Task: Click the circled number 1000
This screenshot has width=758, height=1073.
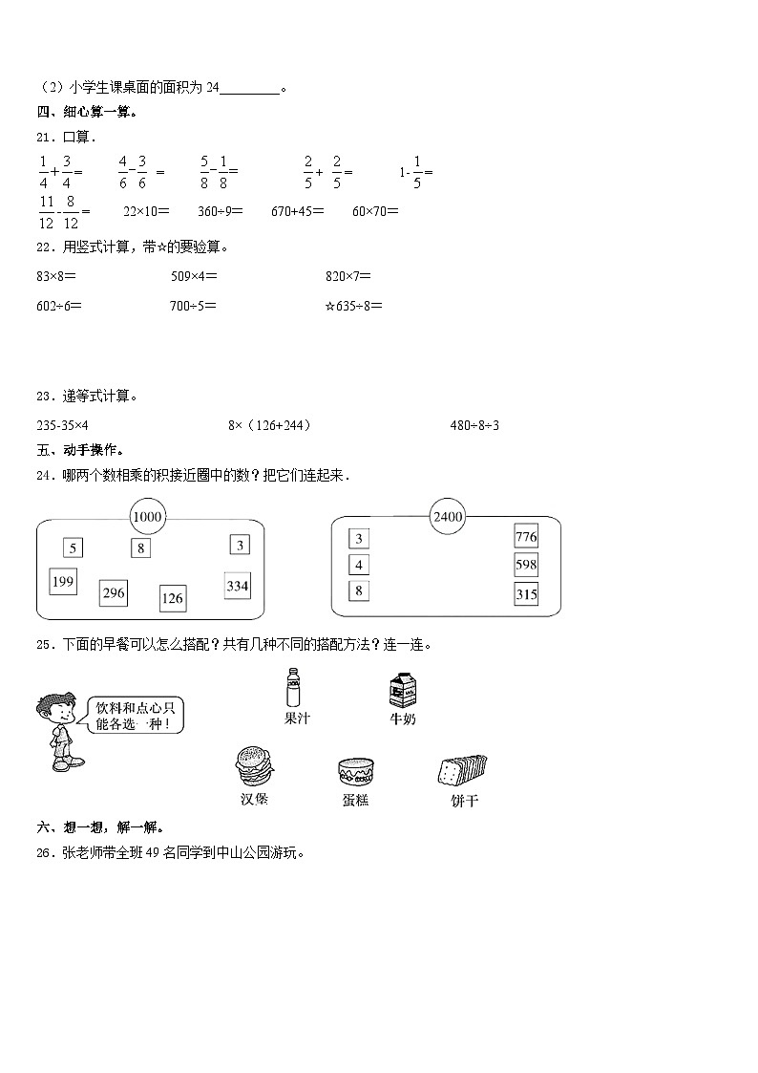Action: [x=148, y=518]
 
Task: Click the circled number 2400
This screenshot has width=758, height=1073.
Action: [x=447, y=517]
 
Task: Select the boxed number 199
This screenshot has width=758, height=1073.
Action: [x=63, y=582]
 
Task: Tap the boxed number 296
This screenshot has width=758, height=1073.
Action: [x=114, y=593]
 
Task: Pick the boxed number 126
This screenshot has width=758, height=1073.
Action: [x=172, y=599]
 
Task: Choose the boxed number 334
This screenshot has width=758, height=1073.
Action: [x=237, y=586]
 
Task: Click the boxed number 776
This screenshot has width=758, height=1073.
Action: [x=526, y=537]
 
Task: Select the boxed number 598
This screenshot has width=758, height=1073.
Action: [x=526, y=565]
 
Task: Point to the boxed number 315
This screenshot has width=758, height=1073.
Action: [x=526, y=593]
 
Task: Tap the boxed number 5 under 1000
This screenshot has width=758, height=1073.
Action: [x=74, y=547]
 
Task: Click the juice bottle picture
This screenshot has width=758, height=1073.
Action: [x=295, y=688]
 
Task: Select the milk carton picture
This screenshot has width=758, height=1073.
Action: [x=402, y=690]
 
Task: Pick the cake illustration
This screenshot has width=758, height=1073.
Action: [x=355, y=771]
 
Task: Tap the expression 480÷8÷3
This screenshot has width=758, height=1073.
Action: [x=474, y=425]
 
